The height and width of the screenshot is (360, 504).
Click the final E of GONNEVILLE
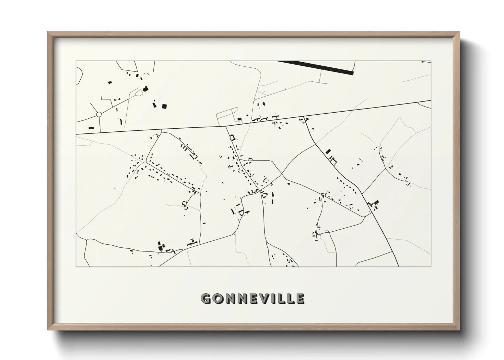300,298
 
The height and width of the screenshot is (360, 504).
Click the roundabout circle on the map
99,115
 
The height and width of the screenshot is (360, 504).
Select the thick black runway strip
317,67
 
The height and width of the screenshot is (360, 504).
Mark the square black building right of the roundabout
164,106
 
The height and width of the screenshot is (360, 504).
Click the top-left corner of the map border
76,61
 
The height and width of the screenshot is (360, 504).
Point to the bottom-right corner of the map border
431,266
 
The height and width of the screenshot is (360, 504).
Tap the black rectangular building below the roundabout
91,128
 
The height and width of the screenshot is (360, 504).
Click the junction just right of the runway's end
355,72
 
